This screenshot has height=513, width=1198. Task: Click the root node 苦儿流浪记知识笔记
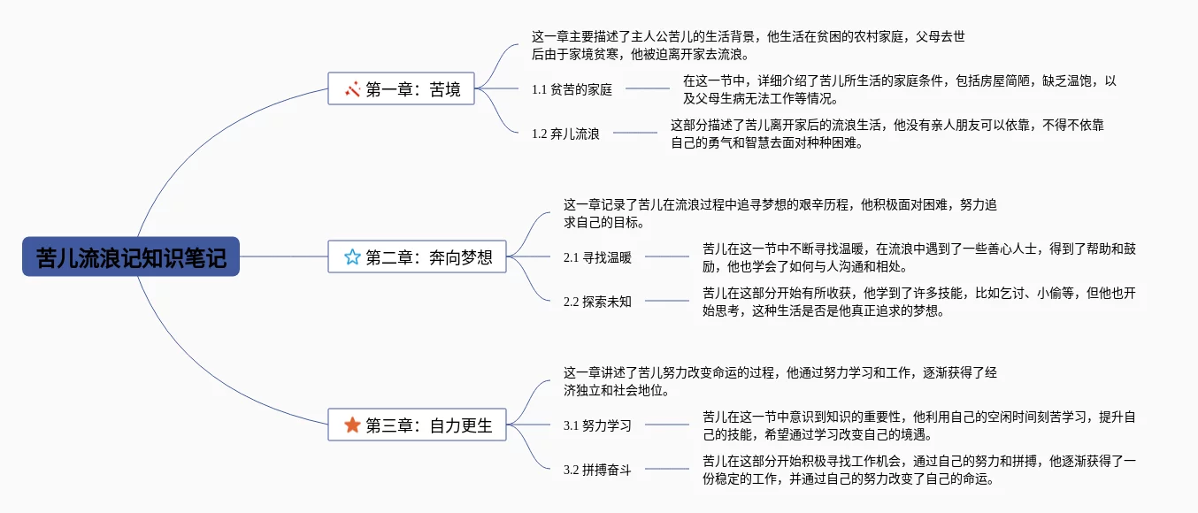[x=131, y=256]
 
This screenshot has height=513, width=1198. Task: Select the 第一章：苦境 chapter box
[x=403, y=88]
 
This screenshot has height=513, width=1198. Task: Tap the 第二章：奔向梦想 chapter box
[x=417, y=257]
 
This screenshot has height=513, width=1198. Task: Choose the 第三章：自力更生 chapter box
[x=417, y=425]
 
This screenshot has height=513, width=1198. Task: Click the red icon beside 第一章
[x=352, y=88]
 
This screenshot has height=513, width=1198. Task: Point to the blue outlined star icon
[x=352, y=257]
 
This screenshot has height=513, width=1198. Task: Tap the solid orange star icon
[x=352, y=425]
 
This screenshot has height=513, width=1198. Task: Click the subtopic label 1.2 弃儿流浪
[x=565, y=134]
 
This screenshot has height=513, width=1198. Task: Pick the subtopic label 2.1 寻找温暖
[x=597, y=258]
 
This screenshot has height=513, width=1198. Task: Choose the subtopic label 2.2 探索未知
[x=597, y=302]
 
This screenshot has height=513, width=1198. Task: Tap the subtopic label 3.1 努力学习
[x=597, y=425]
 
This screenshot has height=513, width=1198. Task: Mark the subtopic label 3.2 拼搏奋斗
[x=597, y=470]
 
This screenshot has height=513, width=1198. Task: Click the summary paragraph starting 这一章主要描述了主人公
[x=748, y=45]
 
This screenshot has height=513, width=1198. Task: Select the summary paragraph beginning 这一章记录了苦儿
[x=780, y=213]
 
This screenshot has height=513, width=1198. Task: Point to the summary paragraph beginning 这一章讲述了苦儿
[x=780, y=381]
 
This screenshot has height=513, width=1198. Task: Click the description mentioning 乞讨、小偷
[x=918, y=302]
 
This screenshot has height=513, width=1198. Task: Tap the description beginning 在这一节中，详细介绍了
[x=899, y=89]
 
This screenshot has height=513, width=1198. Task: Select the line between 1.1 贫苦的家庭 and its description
[x=648, y=88]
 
